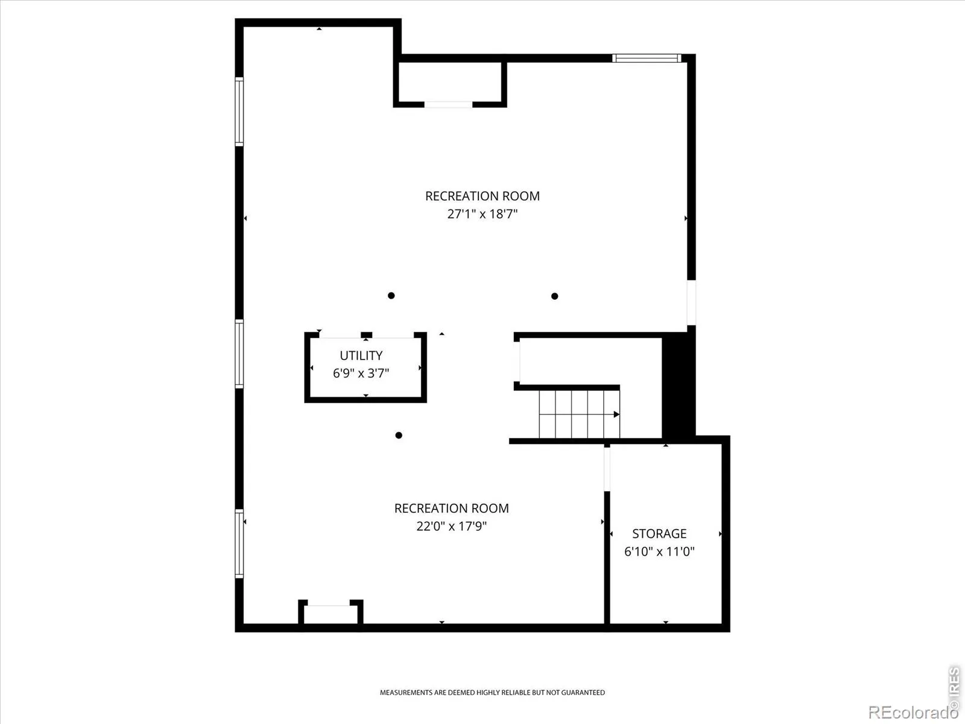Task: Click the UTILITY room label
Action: pyautogui.click(x=361, y=355)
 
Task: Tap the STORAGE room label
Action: pyautogui.click(x=659, y=533)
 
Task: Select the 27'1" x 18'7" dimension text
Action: pyautogui.click(x=482, y=214)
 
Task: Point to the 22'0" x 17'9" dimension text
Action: pyautogui.click(x=452, y=526)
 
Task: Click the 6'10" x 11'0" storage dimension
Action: pyautogui.click(x=659, y=551)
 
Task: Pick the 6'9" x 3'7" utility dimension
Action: pyautogui.click(x=361, y=373)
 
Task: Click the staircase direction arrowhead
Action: pyautogui.click(x=616, y=414)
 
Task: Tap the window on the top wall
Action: pyautogui.click(x=647, y=58)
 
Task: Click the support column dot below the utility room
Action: pyautogui.click(x=399, y=435)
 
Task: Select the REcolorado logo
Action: pyautogui.click(x=911, y=712)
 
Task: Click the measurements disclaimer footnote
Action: pyautogui.click(x=492, y=693)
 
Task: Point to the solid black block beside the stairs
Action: pyautogui.click(x=679, y=384)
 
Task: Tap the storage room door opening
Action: pyautogui.click(x=607, y=469)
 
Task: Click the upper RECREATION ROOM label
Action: pyautogui.click(x=482, y=196)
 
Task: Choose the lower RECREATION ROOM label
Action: pyautogui.click(x=452, y=508)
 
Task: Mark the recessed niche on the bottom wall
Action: pyautogui.click(x=331, y=612)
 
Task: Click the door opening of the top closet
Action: pyautogui.click(x=449, y=104)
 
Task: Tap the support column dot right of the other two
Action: pyautogui.click(x=555, y=296)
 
